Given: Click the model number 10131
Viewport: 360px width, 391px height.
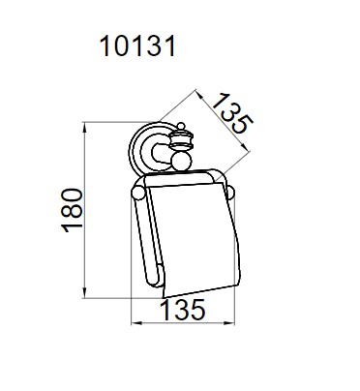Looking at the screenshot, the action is [x=138, y=46].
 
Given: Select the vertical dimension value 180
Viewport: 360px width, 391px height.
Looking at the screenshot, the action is [x=73, y=210].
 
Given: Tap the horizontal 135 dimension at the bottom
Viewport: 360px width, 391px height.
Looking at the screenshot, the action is [x=183, y=310].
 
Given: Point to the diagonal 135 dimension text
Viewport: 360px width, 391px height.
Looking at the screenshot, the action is [x=232, y=113].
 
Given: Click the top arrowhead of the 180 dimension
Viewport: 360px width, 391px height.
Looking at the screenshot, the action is [x=85, y=127].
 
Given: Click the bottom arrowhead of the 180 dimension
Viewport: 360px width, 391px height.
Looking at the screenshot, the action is [x=85, y=293].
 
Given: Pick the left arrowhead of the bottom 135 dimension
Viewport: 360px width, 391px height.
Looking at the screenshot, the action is [x=135, y=322].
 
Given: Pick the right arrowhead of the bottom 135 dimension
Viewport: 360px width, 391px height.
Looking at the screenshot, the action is [x=229, y=322].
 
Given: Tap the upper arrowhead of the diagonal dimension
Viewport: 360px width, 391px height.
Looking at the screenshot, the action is [x=199, y=95].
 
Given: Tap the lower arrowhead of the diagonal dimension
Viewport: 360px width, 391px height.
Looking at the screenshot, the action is [x=246, y=147].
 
